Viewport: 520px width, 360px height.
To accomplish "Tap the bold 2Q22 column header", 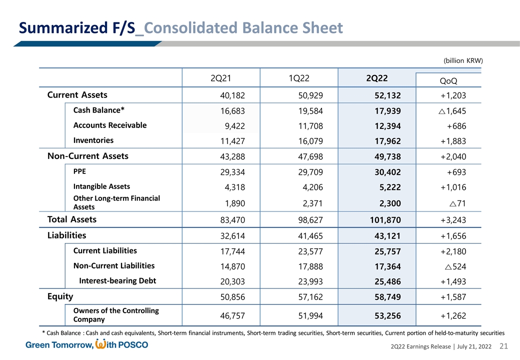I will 376,78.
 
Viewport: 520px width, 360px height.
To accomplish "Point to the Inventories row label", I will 93,140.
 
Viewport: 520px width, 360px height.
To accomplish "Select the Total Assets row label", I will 71,219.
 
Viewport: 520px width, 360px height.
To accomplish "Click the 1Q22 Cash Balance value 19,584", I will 309,110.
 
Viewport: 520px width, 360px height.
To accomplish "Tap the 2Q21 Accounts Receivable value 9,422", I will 233,125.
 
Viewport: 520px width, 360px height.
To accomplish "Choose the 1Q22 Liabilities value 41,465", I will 309,235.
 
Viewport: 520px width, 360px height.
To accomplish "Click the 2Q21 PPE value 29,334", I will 230,171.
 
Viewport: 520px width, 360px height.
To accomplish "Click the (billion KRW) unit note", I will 463,60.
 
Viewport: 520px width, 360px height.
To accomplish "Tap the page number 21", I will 504,346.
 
